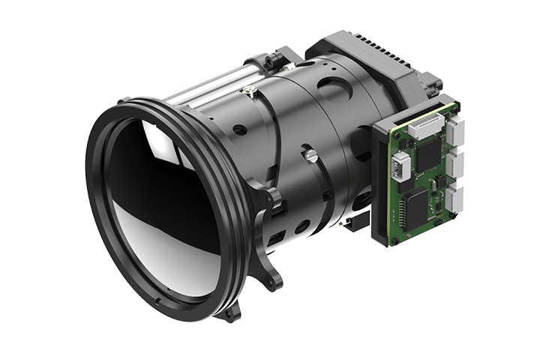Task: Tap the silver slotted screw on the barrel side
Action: [309, 155]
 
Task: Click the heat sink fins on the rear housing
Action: [382, 52]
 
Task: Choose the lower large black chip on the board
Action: [417, 203]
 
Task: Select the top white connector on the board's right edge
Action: [457, 131]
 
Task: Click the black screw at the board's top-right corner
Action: [454, 107]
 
